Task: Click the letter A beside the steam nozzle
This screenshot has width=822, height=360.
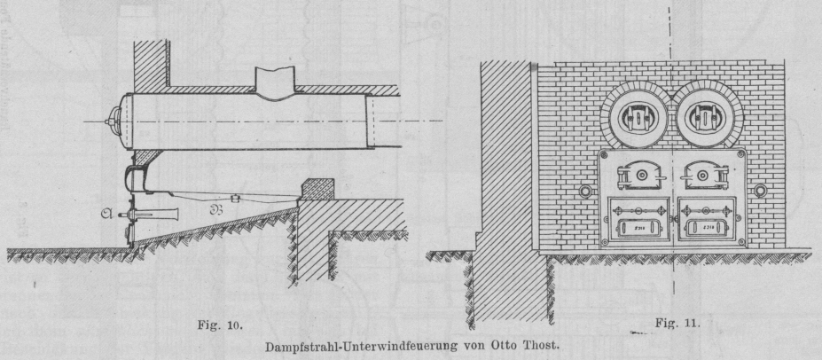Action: pyautogui.click(x=107, y=214)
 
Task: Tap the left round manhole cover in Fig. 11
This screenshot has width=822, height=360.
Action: pyautogui.click(x=634, y=115)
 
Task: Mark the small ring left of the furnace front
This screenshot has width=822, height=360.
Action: pyautogui.click(x=584, y=192)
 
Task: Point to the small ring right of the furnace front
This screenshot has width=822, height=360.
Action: pyautogui.click(x=761, y=192)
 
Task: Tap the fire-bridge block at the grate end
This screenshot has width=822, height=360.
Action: pyautogui.click(x=316, y=187)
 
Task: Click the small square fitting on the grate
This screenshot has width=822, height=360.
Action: pyautogui.click(x=236, y=198)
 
